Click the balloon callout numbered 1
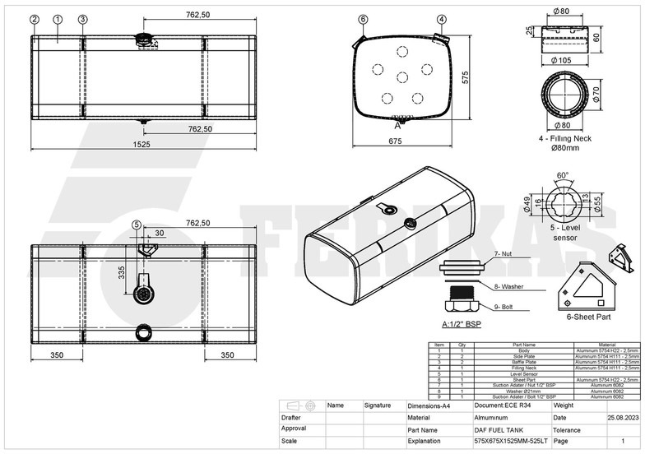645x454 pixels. [x=58, y=19]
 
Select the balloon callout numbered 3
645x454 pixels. [x=82, y=19]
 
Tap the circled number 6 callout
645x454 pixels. [x=363, y=19]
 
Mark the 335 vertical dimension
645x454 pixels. [x=121, y=272]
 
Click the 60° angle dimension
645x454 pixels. [x=563, y=175]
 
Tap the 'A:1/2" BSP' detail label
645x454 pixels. [x=462, y=324]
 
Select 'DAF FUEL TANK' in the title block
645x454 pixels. [x=499, y=429]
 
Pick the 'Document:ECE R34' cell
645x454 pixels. [x=503, y=405]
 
